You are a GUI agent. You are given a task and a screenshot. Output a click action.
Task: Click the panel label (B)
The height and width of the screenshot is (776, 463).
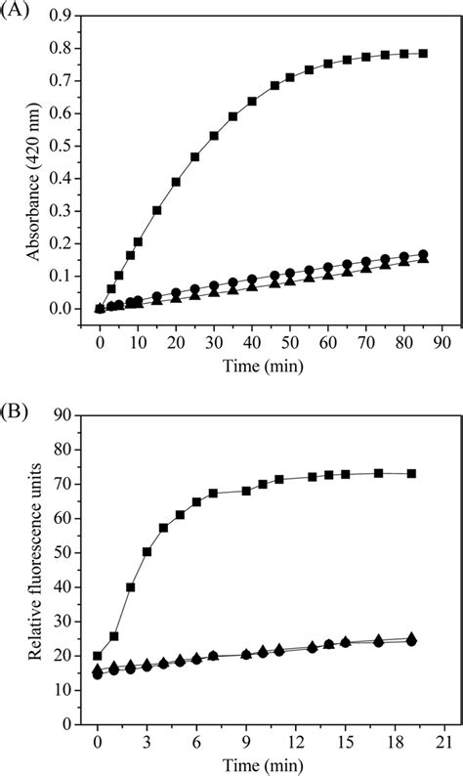pos(19,402)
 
